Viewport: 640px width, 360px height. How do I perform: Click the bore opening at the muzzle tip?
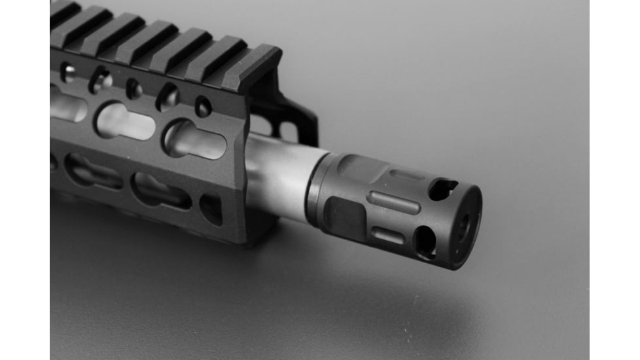(464, 226)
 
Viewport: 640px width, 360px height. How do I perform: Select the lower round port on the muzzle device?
(425, 242)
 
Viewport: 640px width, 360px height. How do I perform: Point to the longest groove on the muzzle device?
(395, 202)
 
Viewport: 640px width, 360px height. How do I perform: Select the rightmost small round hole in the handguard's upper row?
(203, 107)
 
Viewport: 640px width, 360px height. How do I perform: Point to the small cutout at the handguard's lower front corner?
(211, 207)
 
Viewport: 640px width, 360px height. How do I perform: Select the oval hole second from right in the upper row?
(167, 97)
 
